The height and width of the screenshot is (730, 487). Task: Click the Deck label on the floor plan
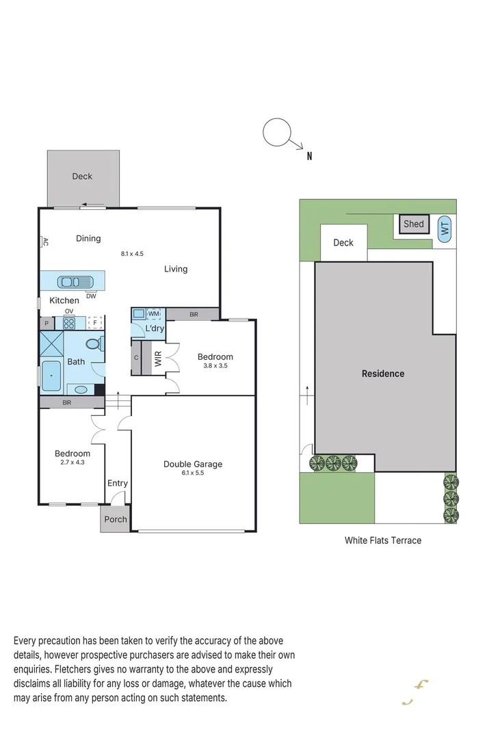(x=82, y=177)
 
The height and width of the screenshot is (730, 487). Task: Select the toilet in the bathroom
(x=94, y=343)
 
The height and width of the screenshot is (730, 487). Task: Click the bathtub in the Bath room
(x=51, y=376)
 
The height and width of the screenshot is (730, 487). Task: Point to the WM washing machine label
(x=153, y=313)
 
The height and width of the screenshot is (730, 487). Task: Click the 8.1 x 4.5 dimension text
(x=132, y=254)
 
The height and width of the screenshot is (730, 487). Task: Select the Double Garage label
(x=193, y=464)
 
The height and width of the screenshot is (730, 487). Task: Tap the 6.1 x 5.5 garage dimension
(x=193, y=472)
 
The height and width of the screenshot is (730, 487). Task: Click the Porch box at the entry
(x=115, y=519)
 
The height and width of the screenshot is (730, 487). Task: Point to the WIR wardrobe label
(x=158, y=360)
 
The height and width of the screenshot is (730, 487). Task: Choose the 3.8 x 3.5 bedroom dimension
(x=215, y=365)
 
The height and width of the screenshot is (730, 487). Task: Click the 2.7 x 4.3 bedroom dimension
(x=73, y=462)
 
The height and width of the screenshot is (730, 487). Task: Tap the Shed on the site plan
(x=413, y=224)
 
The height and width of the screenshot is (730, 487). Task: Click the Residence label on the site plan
(x=383, y=374)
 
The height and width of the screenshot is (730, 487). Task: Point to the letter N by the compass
(x=309, y=156)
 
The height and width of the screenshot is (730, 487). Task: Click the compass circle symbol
(x=277, y=132)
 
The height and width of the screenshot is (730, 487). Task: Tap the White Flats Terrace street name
(x=382, y=540)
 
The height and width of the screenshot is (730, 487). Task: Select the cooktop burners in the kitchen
(x=69, y=324)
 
